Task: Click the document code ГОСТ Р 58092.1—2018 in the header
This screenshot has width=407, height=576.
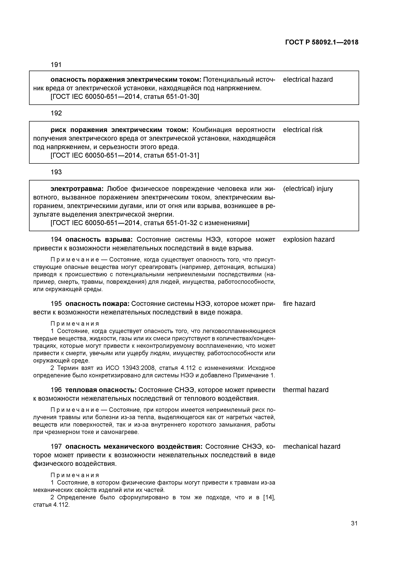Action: pos(321,42)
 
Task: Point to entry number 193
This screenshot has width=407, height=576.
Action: pos(56,172)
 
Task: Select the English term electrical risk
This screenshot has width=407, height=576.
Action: pos(302,130)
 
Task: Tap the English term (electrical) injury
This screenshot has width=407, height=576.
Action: pos(308,189)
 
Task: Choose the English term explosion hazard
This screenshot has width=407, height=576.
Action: pos(309,239)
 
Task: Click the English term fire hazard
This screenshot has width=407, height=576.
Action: pos(299,304)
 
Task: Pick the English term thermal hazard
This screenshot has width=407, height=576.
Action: pos(305,390)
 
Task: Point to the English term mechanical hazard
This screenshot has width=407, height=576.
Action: pos(311,447)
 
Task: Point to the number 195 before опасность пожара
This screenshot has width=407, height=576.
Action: pos(56,304)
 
